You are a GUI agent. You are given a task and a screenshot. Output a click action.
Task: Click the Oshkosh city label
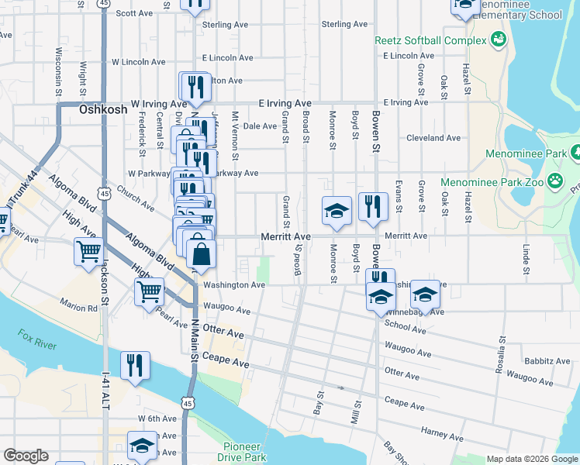click(103, 110)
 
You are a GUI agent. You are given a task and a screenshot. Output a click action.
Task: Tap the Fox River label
click(37, 339)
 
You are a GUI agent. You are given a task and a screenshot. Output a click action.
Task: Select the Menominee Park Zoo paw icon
click(555, 181)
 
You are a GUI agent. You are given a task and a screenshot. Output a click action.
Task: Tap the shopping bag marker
click(201, 254)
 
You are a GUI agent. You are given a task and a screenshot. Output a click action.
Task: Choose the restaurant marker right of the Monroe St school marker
click(373, 206)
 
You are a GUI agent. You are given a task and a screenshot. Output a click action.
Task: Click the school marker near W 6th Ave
click(142, 446)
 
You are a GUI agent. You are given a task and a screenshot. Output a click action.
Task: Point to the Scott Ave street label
click(134, 13)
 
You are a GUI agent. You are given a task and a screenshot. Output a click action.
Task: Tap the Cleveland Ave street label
click(433, 138)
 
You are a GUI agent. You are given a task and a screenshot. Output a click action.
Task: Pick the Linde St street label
click(526, 260)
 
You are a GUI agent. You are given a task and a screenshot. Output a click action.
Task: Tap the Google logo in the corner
click(26, 456)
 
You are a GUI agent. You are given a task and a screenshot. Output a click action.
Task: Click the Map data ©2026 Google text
click(532, 459)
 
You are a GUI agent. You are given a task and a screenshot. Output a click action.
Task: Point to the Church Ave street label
click(136, 198)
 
